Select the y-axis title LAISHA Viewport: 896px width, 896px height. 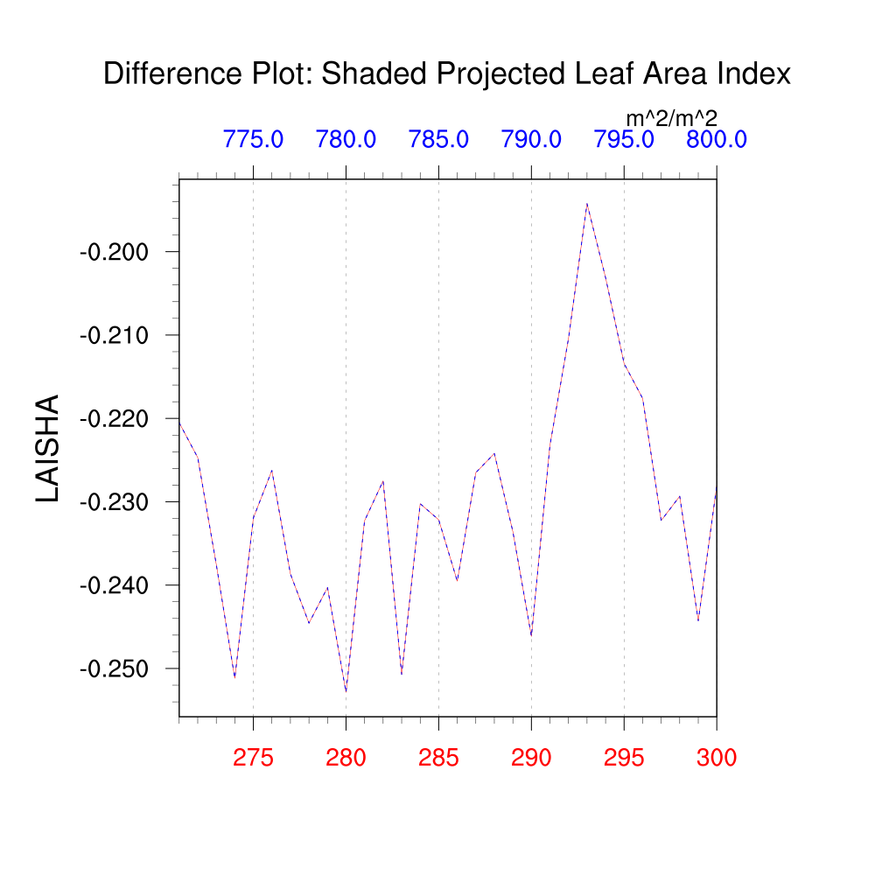[48, 448]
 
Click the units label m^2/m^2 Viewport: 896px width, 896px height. [671, 118]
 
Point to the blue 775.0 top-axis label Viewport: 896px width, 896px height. [253, 139]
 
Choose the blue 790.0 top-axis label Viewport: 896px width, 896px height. [531, 139]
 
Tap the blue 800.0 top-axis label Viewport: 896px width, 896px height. [716, 139]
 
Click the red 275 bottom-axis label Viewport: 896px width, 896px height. [253, 758]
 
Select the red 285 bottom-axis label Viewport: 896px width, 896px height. [438, 758]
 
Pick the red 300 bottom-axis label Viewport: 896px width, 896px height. [716, 758]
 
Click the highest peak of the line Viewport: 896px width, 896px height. [586, 204]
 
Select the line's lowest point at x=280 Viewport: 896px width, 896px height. [346, 691]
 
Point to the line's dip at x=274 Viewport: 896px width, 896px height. [234, 677]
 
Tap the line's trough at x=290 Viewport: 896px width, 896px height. [531, 635]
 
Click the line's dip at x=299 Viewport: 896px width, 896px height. [697, 620]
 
